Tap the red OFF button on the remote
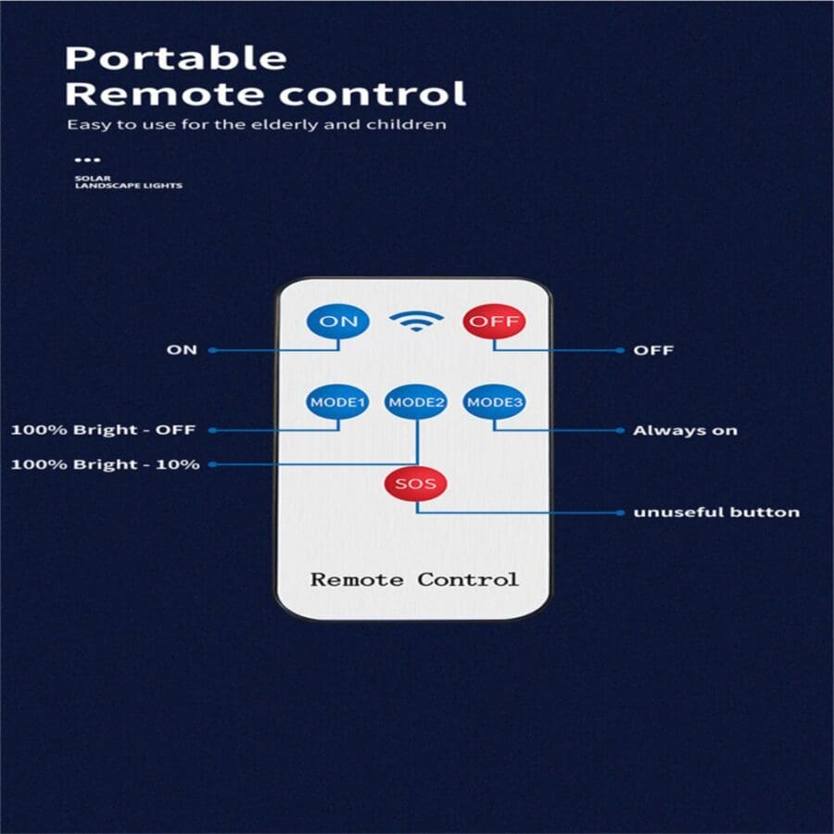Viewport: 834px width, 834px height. [494, 322]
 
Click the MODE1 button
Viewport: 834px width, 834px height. [338, 402]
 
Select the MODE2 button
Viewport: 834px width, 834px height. [416, 402]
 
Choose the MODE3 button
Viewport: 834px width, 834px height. [494, 402]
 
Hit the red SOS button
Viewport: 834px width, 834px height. [416, 484]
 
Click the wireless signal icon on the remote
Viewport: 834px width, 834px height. [416, 321]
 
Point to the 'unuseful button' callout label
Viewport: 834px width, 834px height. [715, 512]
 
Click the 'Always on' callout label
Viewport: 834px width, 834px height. [685, 431]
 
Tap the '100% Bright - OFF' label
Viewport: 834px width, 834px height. [103, 431]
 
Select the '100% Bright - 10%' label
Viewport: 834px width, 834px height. [105, 464]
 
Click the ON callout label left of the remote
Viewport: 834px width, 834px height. [182, 350]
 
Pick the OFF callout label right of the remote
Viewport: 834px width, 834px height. [652, 350]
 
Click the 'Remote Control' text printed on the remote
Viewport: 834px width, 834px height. [414, 580]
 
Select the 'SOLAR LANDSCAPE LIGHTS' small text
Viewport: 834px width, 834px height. [128, 183]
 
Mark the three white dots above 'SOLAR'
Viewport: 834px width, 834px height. [86, 159]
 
